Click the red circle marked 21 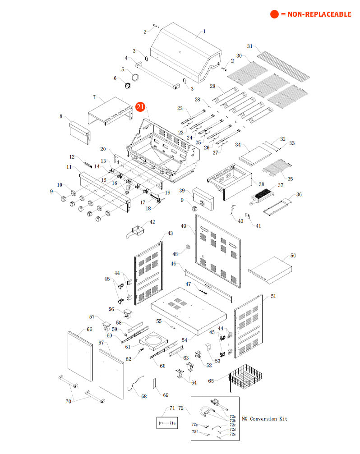coord(140,107)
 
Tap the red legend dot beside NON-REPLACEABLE coord(274,14)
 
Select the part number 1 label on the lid coord(204,32)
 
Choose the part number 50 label coord(293,256)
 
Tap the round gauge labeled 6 coord(129,86)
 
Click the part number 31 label coord(250,46)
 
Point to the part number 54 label coord(184,339)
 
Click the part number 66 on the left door coord(89,330)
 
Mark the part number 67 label coord(102,343)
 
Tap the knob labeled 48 coord(185,248)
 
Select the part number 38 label coord(261,184)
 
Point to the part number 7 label coord(94,97)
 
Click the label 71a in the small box coord(172,423)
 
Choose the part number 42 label coord(152,222)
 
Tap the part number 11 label coord(69,167)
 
